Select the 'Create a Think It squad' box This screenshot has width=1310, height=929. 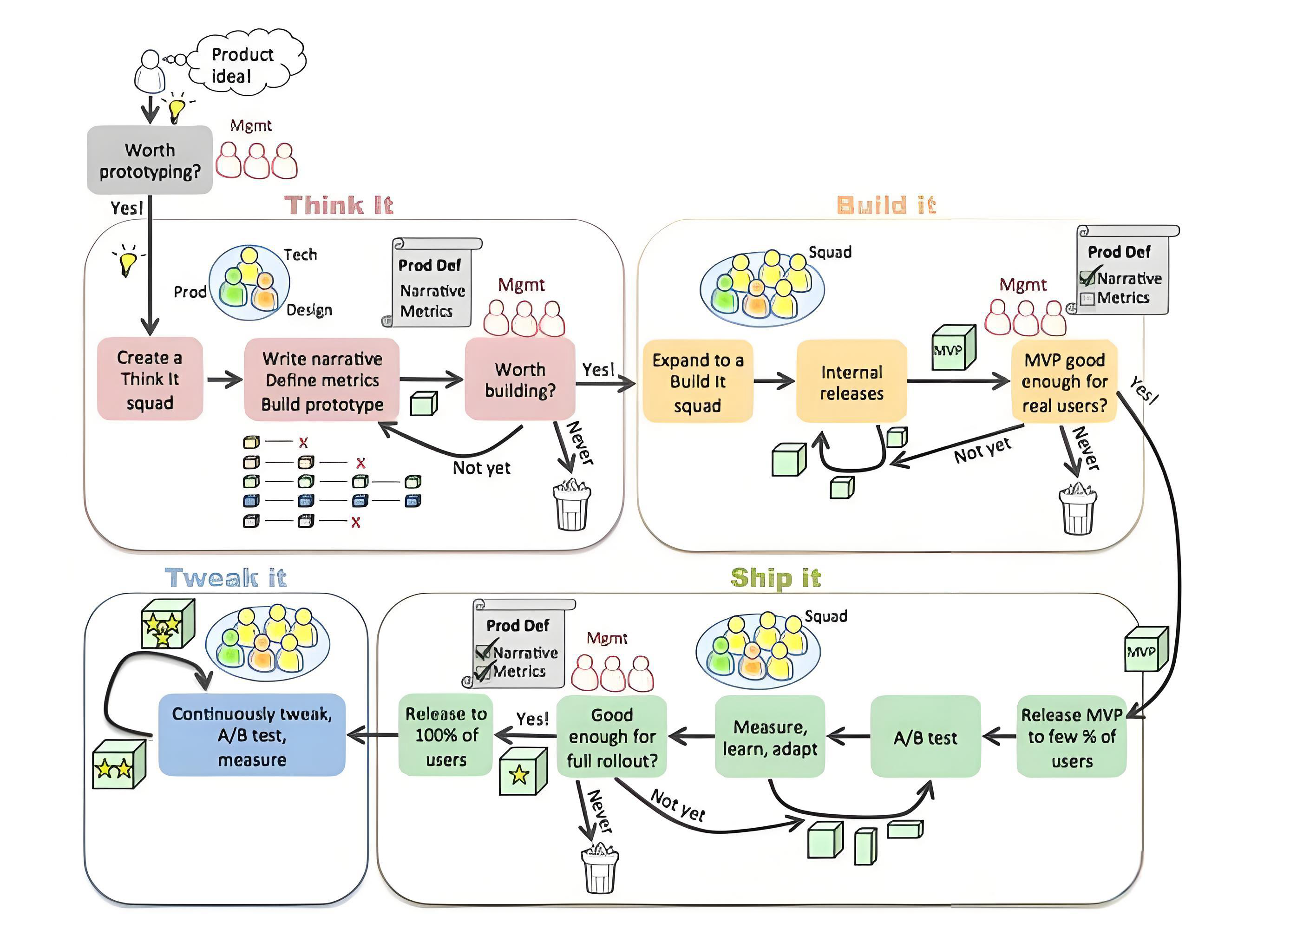150,379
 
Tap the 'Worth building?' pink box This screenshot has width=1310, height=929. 519,379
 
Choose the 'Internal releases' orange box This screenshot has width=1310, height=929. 851,381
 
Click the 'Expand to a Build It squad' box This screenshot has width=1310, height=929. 697,381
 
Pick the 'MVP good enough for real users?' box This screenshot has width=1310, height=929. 1064,381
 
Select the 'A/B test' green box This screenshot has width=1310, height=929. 925,737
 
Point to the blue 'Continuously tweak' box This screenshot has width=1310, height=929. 252,736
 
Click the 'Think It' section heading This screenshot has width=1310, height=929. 339,205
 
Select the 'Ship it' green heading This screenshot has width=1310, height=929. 776,578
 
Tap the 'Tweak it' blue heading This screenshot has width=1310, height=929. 225,578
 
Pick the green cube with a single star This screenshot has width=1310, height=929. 522,772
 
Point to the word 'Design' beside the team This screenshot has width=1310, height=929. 309,310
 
